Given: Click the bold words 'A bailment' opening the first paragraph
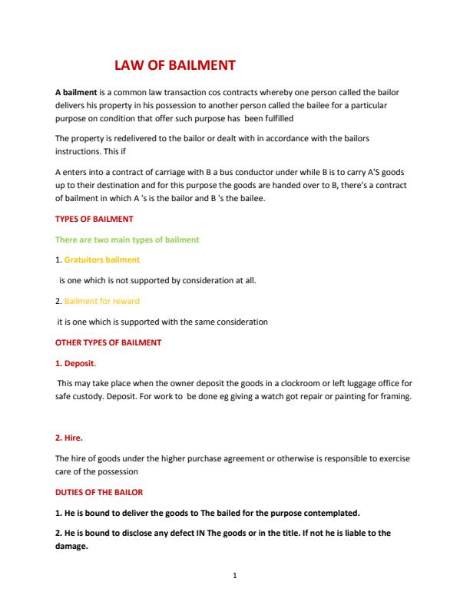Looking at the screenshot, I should [75, 92].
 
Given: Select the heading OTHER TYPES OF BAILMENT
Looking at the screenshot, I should [108, 342].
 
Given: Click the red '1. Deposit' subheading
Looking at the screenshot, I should [75, 362].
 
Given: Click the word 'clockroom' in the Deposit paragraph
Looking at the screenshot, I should [300, 382].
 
